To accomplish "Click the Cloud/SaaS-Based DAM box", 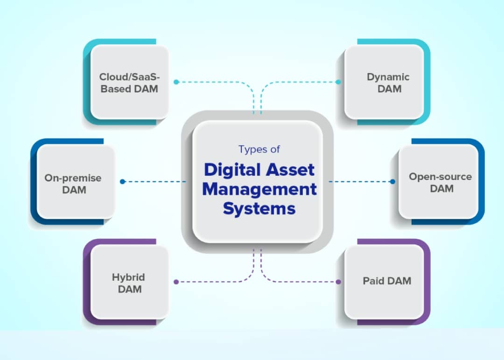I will coord(129,83).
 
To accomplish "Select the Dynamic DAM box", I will coord(384,83).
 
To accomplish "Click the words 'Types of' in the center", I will coord(259,149).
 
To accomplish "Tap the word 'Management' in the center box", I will coord(259,189).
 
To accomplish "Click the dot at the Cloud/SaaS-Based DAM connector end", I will coord(176,82).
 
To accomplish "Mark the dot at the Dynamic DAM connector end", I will coord(338,82).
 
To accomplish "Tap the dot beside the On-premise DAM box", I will coord(122,181).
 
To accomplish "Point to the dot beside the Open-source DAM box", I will coord(392,181).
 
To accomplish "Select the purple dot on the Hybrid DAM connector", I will coord(176,282).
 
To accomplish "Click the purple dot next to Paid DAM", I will coord(339,282).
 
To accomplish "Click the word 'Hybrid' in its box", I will coord(128,277).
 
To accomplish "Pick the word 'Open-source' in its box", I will coord(440,177).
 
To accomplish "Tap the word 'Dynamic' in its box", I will coord(388,77).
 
